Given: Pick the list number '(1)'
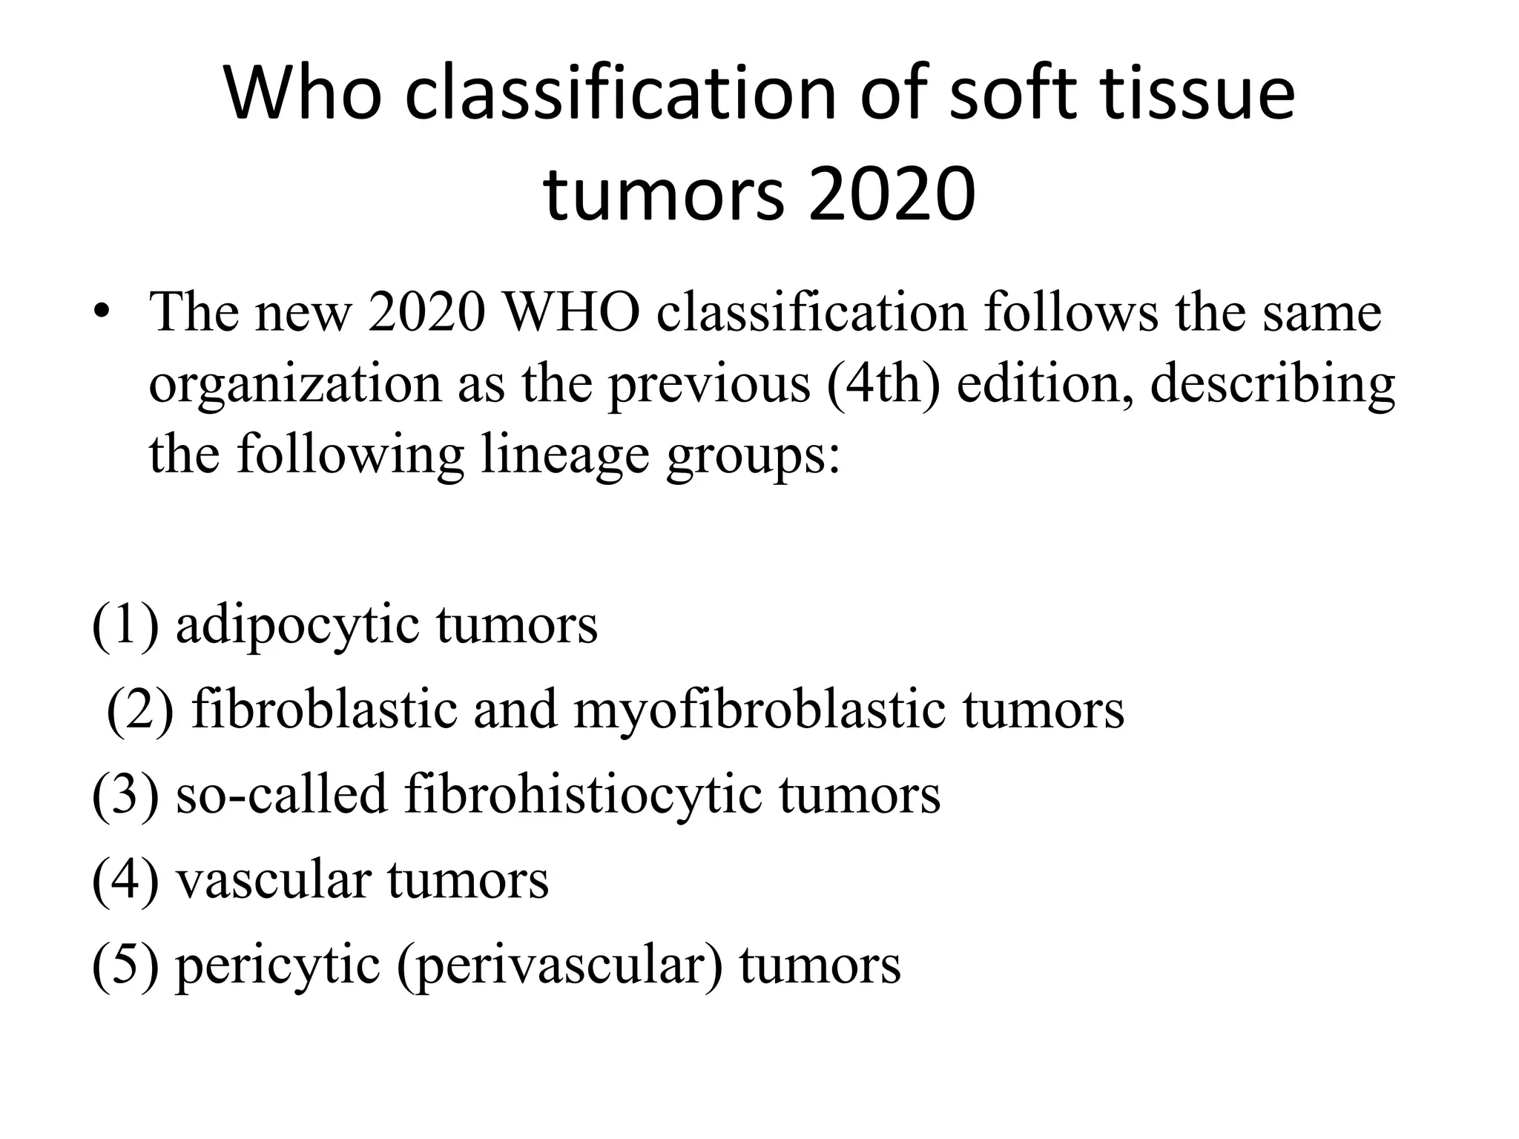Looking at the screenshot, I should pyautogui.click(x=125, y=624).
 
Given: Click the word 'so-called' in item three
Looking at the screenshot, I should pyautogui.click(x=282, y=794).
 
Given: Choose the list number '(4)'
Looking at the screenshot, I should pyautogui.click(x=125, y=879).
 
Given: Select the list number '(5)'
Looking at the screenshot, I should pyautogui.click(x=125, y=965).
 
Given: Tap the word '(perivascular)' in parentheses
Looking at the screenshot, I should pyautogui.click(x=560, y=965).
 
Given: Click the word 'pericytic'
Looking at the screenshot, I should pyautogui.click(x=277, y=965).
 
